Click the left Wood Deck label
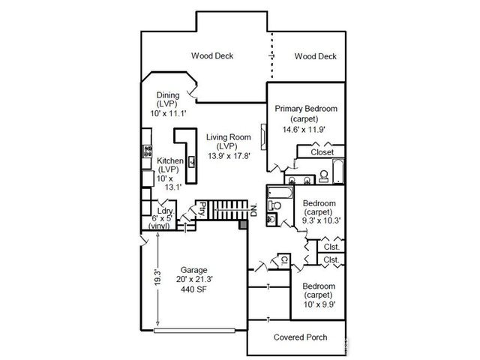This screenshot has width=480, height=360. [211, 55]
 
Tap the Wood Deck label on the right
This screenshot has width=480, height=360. [315, 56]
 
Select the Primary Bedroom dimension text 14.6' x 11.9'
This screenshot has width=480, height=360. [305, 129]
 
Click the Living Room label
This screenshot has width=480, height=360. [229, 136]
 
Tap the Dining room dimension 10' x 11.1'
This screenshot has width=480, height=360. [166, 113]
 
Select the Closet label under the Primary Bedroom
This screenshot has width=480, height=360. [322, 152]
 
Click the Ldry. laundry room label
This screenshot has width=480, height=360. [166, 211]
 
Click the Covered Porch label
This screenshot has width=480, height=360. [300, 337]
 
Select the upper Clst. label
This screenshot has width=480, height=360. [331, 246]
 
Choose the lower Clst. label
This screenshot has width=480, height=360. [331, 260]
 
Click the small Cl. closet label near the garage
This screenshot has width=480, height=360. [284, 260]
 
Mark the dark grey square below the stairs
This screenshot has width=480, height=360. [241, 224]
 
